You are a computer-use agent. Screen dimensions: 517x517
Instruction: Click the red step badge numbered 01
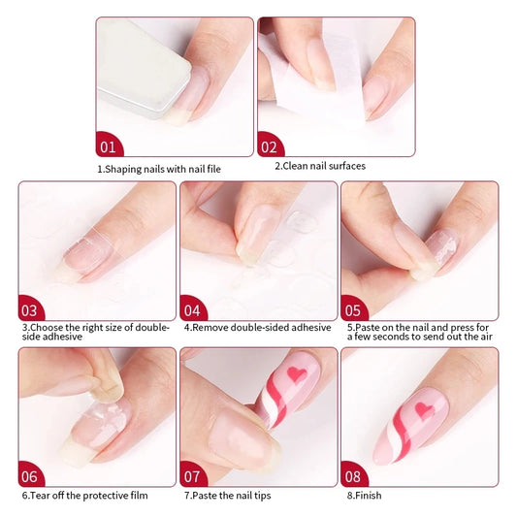[109, 147]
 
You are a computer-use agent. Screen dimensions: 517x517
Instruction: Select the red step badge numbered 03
[31, 310]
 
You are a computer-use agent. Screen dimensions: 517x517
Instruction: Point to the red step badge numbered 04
[193, 310]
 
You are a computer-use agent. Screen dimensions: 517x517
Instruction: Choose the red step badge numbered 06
[31, 475]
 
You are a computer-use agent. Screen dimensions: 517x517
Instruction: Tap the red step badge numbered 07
[193, 475]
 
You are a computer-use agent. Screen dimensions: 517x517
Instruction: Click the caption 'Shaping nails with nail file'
[159, 169]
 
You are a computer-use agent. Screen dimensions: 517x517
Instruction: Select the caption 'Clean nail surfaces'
[320, 166]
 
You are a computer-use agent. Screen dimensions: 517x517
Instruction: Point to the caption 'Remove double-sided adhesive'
[257, 328]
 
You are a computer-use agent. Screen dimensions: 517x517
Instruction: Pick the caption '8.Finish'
[365, 496]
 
